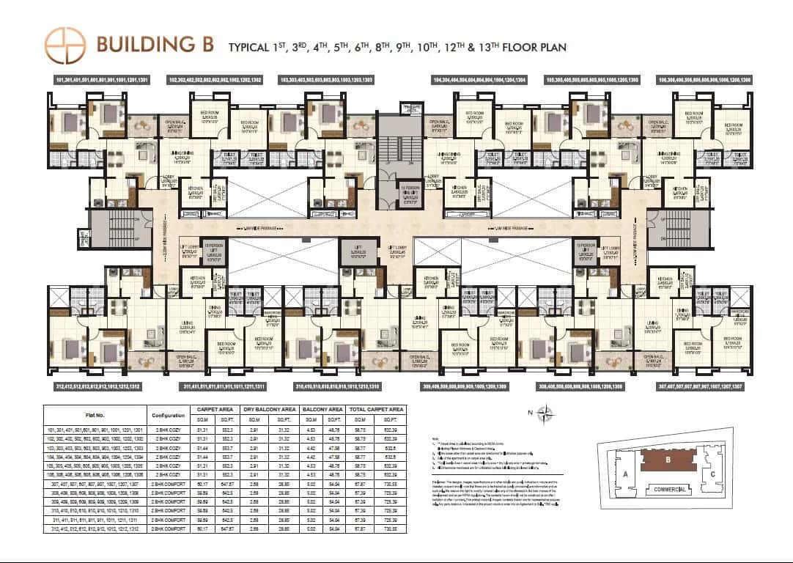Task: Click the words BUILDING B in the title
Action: point(155,45)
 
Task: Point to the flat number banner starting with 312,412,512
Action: point(97,386)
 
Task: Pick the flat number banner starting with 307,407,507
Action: point(701,386)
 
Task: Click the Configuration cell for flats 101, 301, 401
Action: point(168,428)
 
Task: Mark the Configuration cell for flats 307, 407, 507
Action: point(168,485)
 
